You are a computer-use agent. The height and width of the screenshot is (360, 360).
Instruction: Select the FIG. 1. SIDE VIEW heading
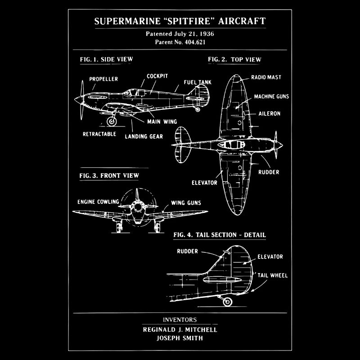pos(106,59)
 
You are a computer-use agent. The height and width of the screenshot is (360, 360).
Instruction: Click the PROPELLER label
pos(103,79)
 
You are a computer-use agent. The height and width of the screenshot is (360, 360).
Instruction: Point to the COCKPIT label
pos(157,76)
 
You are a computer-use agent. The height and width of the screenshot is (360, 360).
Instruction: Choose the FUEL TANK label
pos(198,83)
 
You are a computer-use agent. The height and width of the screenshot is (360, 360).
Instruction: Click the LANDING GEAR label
pos(144,136)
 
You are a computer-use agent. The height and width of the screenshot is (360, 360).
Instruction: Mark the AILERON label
pos(269,114)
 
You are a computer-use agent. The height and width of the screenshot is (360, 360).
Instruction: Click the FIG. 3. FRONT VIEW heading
pos(109,175)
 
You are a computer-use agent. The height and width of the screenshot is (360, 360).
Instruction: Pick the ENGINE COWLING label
pos(98,202)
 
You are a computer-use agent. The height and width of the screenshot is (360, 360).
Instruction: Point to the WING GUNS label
pos(186,203)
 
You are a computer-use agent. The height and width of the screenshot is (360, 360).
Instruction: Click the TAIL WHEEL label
pos(272,275)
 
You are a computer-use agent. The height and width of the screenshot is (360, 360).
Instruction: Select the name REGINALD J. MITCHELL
pos(180,329)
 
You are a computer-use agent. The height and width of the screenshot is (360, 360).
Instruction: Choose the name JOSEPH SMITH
pos(180,338)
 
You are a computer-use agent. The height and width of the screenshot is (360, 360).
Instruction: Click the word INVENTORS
pos(180,320)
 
